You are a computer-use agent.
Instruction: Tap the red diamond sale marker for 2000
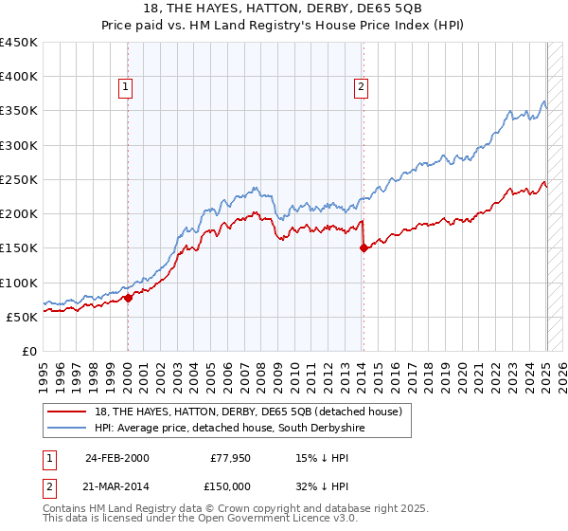click(x=128, y=298)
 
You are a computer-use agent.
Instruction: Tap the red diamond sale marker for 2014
click(x=364, y=248)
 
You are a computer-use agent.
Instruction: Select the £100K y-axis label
click(x=19, y=283)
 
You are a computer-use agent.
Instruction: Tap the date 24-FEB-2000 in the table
click(x=116, y=458)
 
